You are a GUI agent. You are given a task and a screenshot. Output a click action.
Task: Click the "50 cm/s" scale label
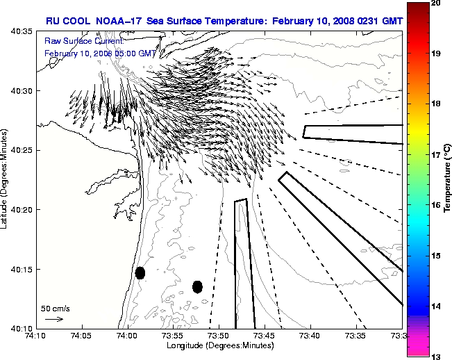(56, 308)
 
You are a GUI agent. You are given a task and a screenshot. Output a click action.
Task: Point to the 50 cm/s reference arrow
(54, 319)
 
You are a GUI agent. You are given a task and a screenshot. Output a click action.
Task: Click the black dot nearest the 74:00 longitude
(140, 273)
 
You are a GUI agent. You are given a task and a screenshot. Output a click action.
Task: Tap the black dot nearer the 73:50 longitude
(197, 286)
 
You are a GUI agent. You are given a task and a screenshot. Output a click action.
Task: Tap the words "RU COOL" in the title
(64, 21)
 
